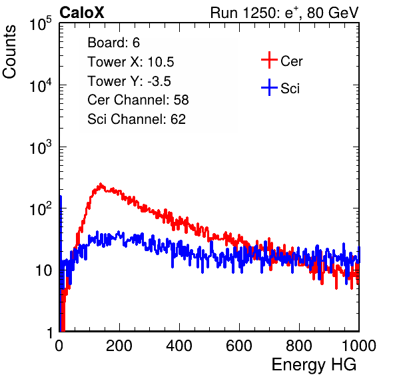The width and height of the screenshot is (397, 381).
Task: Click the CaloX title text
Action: (x=81, y=13)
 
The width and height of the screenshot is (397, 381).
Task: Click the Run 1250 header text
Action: (x=284, y=13)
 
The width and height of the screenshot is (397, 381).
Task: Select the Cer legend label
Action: (x=291, y=61)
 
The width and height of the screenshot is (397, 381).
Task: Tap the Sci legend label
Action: (x=290, y=89)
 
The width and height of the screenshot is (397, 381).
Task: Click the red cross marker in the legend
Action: (x=269, y=60)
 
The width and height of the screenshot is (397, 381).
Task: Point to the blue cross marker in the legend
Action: (x=269, y=87)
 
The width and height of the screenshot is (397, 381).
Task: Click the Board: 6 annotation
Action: (x=113, y=43)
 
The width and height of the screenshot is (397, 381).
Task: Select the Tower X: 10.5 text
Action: (x=131, y=62)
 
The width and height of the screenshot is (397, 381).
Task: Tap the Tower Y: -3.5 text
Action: (x=129, y=81)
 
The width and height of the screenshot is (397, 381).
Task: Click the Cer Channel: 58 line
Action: (x=138, y=100)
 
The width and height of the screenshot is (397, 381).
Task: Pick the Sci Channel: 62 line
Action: (x=137, y=119)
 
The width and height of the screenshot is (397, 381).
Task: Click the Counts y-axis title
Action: (x=9, y=52)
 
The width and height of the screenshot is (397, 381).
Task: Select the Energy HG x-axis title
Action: (x=314, y=364)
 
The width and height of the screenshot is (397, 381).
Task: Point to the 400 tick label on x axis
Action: (x=179, y=346)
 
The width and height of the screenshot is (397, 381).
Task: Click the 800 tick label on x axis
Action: (x=299, y=346)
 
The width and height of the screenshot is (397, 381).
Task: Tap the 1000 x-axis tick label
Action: (x=359, y=346)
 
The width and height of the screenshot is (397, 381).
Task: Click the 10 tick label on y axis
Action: (x=44, y=271)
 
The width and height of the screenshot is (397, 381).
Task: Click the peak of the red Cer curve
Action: (x=101, y=184)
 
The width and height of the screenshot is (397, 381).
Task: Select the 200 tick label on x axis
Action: (x=119, y=346)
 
